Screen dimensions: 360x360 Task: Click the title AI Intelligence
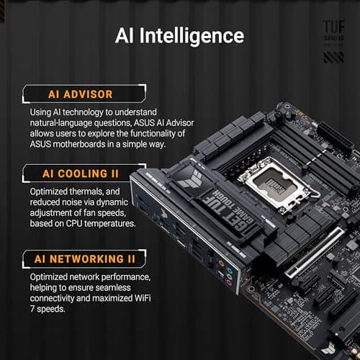point(179,35)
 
